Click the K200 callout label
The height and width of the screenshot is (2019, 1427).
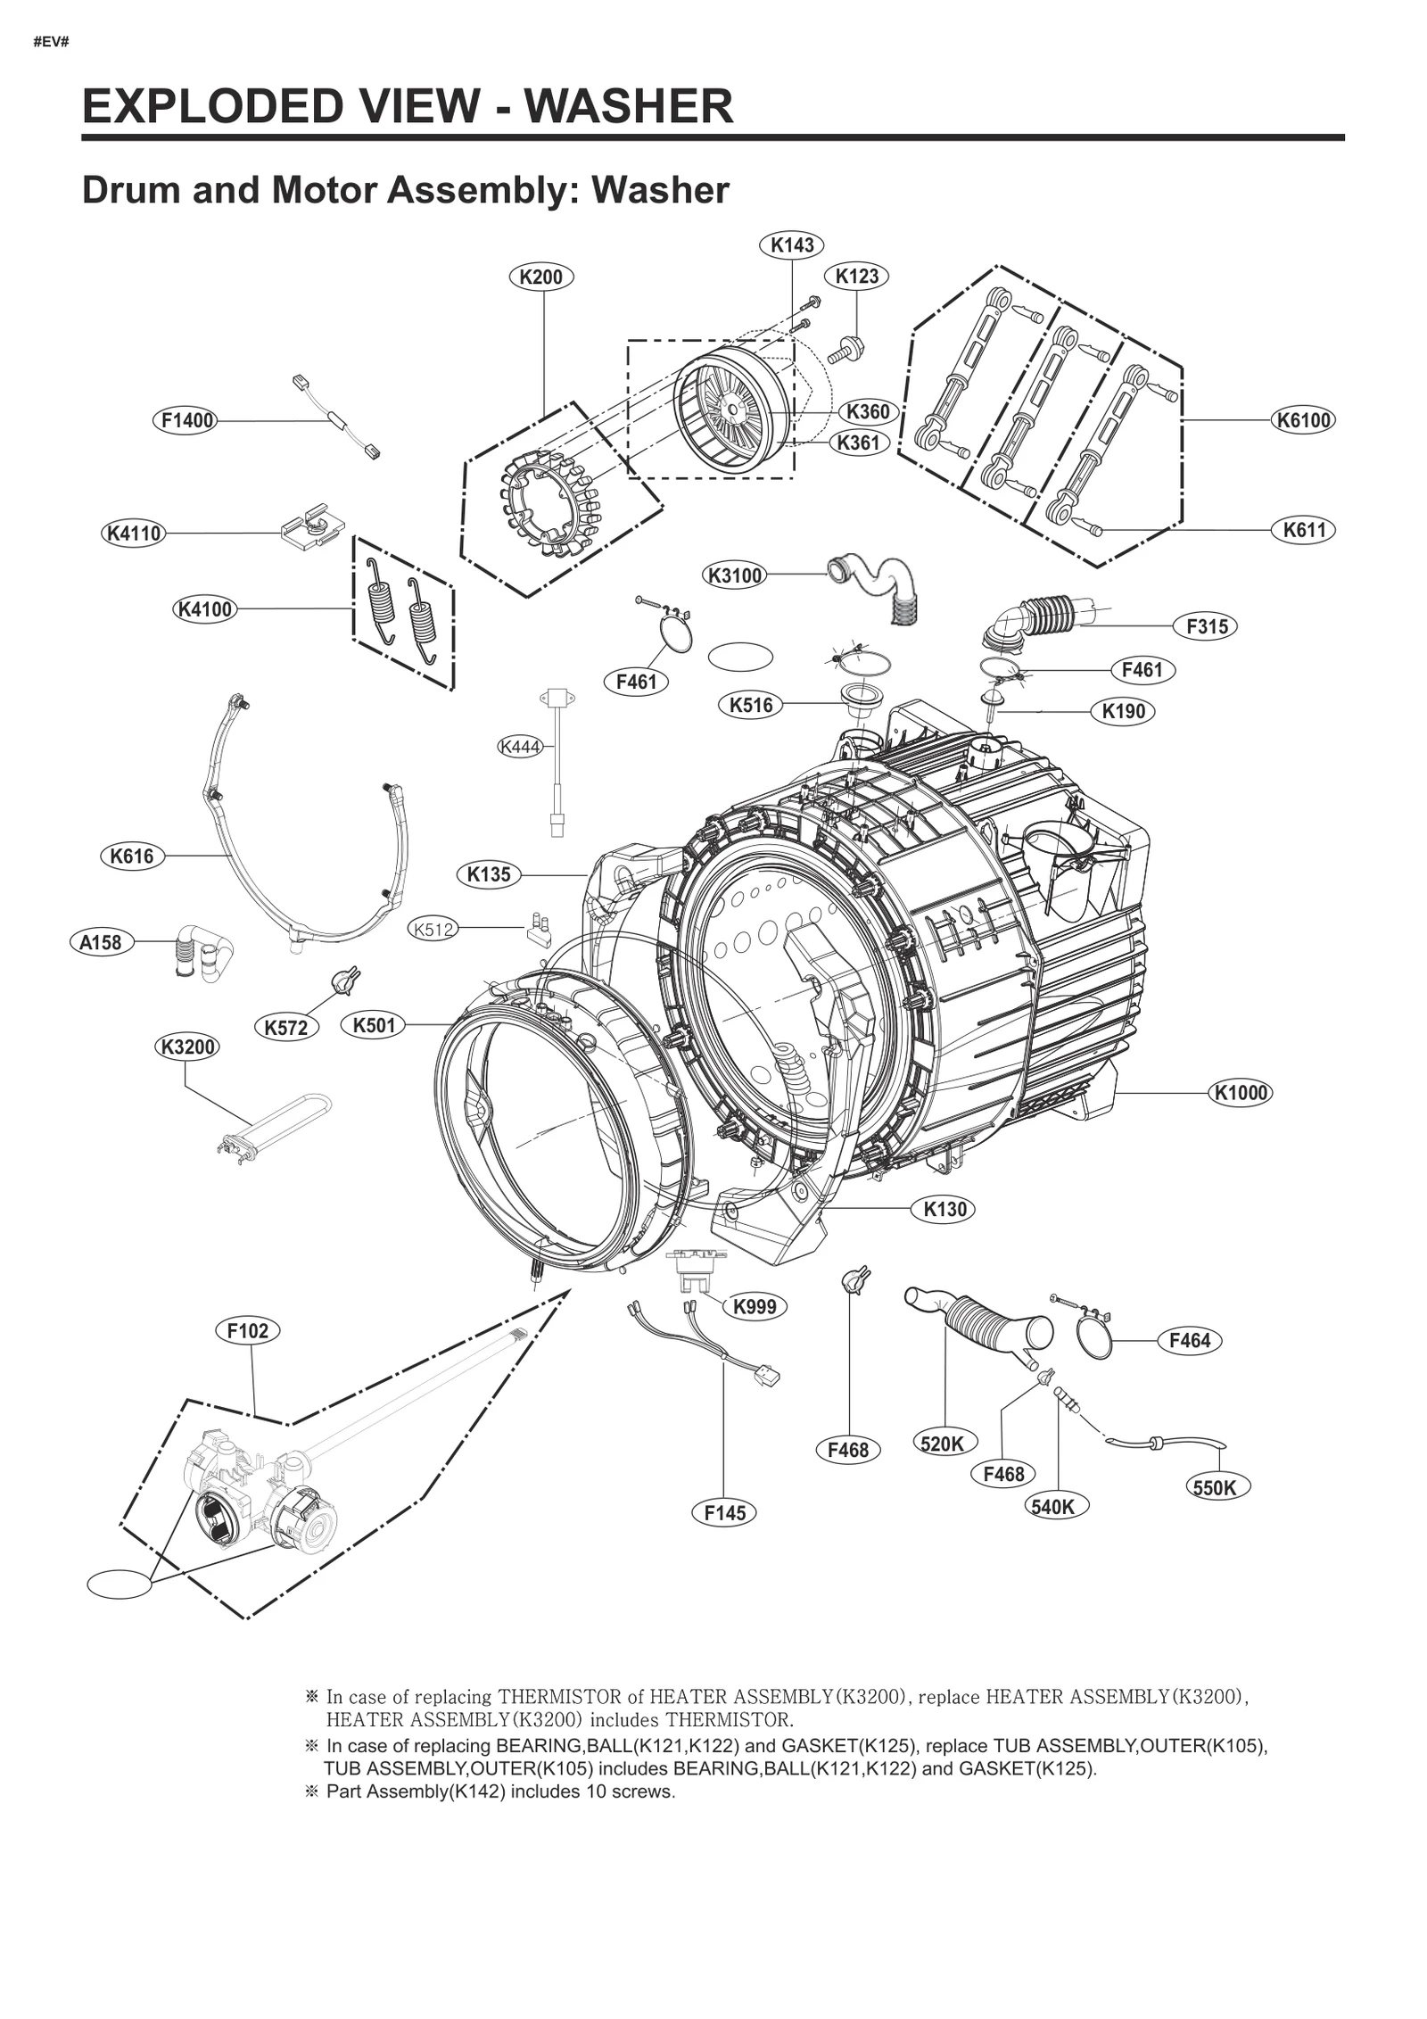(x=540, y=277)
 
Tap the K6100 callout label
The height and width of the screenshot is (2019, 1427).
(x=1303, y=419)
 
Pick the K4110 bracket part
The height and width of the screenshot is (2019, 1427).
(x=311, y=529)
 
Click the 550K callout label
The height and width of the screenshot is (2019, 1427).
(x=1214, y=1487)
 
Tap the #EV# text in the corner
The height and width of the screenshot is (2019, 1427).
(x=51, y=42)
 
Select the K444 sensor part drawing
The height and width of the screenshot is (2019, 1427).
(x=557, y=758)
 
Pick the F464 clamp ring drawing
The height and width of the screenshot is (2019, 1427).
(x=1094, y=1336)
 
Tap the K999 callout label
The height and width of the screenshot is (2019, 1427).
(x=754, y=1306)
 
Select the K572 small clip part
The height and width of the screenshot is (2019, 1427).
(x=344, y=979)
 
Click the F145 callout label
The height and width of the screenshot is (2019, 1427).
(x=723, y=1512)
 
